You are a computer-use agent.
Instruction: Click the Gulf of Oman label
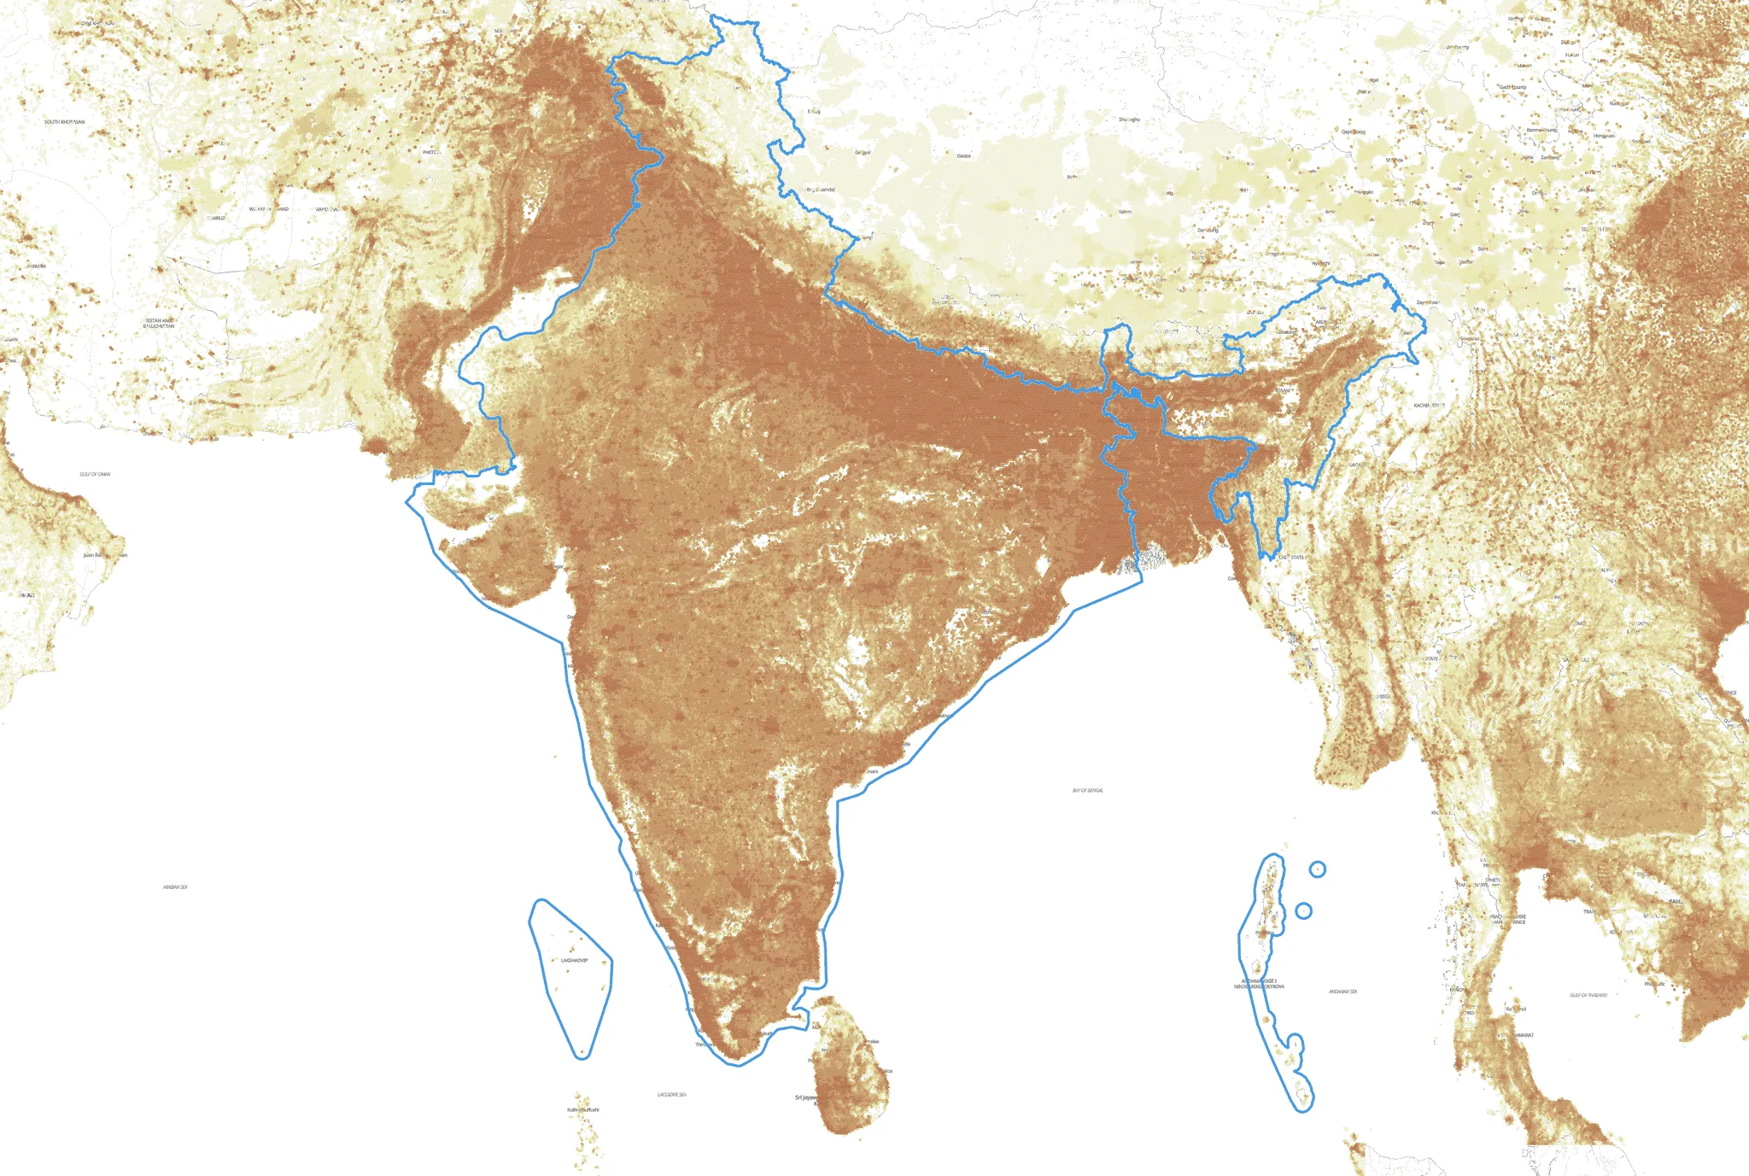pyautogui.click(x=95, y=474)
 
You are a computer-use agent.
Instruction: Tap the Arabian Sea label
pyautogui.click(x=175, y=887)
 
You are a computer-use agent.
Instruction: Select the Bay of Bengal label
pyautogui.click(x=1088, y=791)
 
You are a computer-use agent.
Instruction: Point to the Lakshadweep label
pyautogui.click(x=574, y=961)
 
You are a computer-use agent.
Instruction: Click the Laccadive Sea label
pyautogui.click(x=672, y=1094)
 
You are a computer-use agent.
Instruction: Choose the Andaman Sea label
pyautogui.click(x=1343, y=992)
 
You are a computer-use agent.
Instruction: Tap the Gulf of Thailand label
pyautogui.click(x=1588, y=995)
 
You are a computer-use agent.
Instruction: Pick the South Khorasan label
pyautogui.click(x=65, y=122)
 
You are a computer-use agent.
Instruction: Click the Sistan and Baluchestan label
pyautogui.click(x=159, y=324)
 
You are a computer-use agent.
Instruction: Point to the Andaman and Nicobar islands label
pyautogui.click(x=1259, y=984)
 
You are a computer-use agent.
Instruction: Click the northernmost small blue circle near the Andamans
pyautogui.click(x=1318, y=869)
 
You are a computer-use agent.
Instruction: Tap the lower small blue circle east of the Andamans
pyautogui.click(x=1303, y=911)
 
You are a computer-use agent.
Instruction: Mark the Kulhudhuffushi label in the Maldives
pyautogui.click(x=583, y=1109)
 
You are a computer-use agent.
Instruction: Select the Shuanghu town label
pyautogui.click(x=1129, y=120)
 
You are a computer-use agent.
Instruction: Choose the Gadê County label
pyautogui.click(x=1512, y=87)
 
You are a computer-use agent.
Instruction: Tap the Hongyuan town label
pyautogui.click(x=1604, y=136)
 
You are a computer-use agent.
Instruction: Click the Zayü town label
pyautogui.click(x=1427, y=302)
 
